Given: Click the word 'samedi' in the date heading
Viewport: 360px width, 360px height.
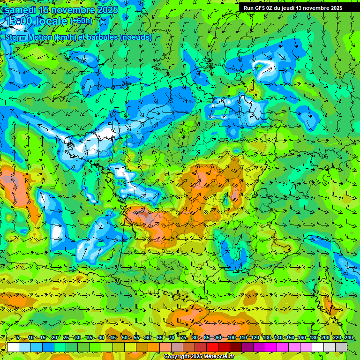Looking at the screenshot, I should click(22, 10).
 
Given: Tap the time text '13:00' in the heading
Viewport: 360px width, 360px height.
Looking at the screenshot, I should click(21, 21).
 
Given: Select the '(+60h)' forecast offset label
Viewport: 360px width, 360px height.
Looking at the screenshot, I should click(81, 21).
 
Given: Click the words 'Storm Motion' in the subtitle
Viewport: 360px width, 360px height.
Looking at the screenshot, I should click(28, 37).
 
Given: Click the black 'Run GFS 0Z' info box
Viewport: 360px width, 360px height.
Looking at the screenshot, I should click(293, 8).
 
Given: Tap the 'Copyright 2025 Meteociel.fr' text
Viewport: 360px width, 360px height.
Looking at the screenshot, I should click(199, 357).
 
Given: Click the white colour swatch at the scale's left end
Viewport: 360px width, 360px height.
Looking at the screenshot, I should click(13, 347).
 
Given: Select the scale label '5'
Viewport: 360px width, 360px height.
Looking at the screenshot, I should click(18, 337).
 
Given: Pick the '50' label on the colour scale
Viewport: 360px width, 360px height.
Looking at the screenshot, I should click(125, 337).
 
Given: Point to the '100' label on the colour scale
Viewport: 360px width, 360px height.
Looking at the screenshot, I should click(231, 337).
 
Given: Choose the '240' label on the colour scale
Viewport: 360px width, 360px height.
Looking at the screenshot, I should click(349, 337).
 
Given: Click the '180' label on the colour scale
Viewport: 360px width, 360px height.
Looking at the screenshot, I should click(314, 337).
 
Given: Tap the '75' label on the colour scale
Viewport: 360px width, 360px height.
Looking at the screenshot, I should click(183, 337).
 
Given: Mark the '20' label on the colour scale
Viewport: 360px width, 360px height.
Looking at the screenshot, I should click(54, 337).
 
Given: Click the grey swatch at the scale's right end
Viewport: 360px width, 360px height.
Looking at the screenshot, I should click(341, 347).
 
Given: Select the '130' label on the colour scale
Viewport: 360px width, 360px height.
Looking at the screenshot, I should click(266, 337).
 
